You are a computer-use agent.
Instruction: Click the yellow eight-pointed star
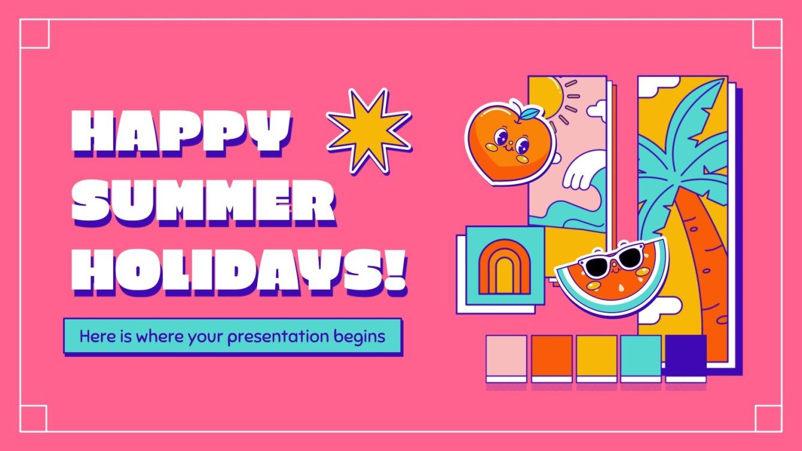[x=369, y=130]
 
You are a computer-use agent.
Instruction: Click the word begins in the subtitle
[x=361, y=337]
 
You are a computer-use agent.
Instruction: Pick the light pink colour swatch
[x=506, y=356]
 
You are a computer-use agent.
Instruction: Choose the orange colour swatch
[x=551, y=356]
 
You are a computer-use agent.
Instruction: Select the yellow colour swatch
[x=596, y=356]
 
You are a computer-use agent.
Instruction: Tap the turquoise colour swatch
[x=641, y=356]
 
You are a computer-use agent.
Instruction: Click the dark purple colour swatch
[x=686, y=356]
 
